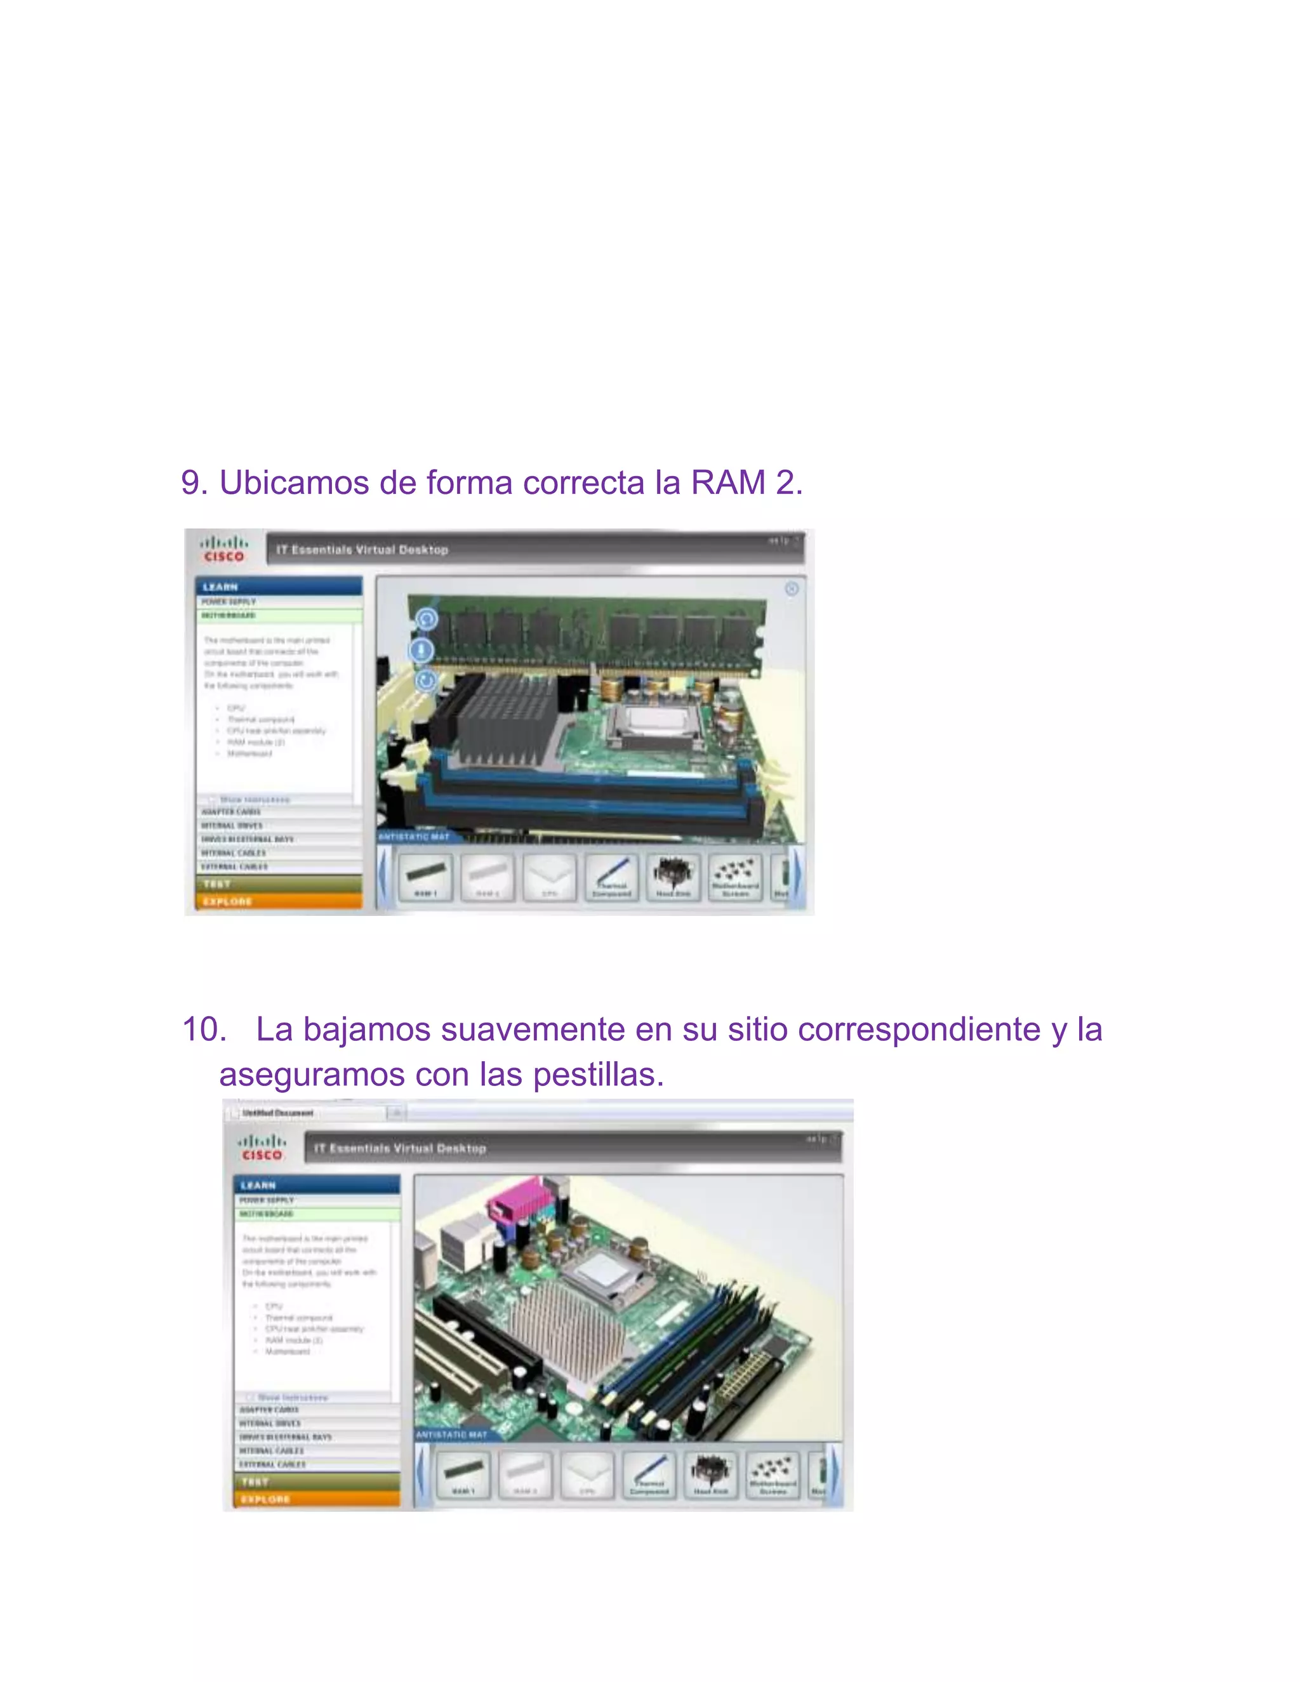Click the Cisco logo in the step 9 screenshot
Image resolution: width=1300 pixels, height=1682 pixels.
pyautogui.click(x=223, y=549)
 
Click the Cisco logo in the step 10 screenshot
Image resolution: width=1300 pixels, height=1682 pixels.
pyautogui.click(x=262, y=1148)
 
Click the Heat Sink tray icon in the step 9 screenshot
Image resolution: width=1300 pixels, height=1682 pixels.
pyautogui.click(x=673, y=877)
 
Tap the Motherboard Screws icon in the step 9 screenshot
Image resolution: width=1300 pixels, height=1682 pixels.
pyautogui.click(x=736, y=877)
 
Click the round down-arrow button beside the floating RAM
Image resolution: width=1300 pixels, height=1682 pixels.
pyautogui.click(x=421, y=650)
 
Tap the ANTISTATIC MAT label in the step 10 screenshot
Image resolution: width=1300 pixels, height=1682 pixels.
pyautogui.click(x=452, y=1435)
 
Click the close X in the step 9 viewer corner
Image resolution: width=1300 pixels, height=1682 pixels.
pyautogui.click(x=792, y=589)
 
